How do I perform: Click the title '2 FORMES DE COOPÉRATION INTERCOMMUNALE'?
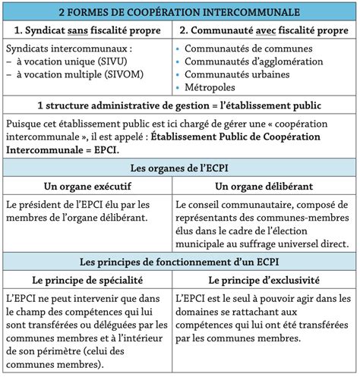179,13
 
